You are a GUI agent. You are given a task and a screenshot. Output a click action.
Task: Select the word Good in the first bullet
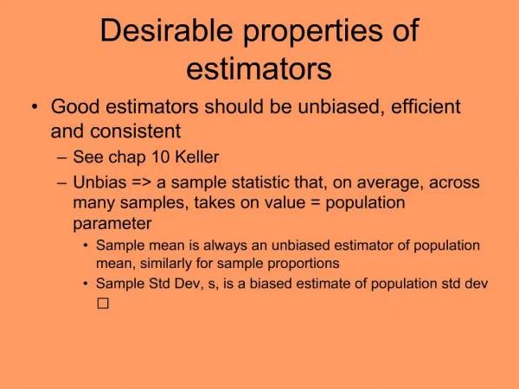click(x=73, y=107)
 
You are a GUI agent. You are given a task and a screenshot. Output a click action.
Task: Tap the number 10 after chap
click(x=152, y=158)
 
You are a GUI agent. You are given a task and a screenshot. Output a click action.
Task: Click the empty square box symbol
click(x=102, y=303)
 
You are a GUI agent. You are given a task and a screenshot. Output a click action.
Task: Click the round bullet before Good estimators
click(x=34, y=108)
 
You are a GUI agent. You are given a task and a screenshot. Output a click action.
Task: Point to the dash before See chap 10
click(x=58, y=158)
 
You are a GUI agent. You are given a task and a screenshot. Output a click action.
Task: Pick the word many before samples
click(x=92, y=203)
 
